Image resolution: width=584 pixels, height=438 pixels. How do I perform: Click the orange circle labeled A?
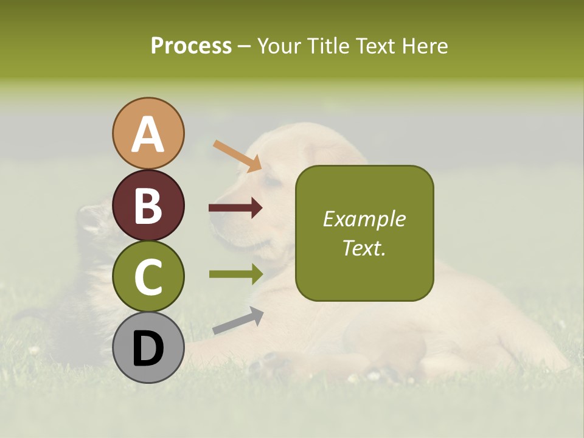click(x=148, y=133)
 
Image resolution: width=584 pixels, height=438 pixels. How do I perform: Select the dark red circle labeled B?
click(x=148, y=205)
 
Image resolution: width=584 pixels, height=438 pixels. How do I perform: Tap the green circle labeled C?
click(x=148, y=277)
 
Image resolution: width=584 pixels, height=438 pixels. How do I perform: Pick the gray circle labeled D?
click(x=148, y=348)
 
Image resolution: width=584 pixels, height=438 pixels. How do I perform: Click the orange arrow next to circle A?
click(x=237, y=156)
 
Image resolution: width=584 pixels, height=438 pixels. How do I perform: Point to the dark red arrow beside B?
click(x=235, y=209)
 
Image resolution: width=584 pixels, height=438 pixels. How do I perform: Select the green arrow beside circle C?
click(x=235, y=274)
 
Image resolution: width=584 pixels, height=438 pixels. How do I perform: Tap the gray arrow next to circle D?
click(x=238, y=321)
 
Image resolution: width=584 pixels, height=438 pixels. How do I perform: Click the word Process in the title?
click(x=191, y=46)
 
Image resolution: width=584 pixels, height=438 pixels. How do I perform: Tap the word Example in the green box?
click(x=364, y=219)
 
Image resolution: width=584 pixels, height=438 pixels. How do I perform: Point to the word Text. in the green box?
click(x=364, y=248)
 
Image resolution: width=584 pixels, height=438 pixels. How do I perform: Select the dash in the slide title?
click(x=244, y=47)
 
